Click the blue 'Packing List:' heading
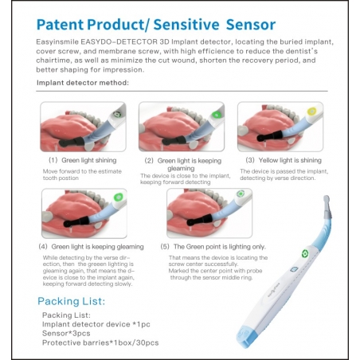point(72,300)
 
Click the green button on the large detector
point(304,256)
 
